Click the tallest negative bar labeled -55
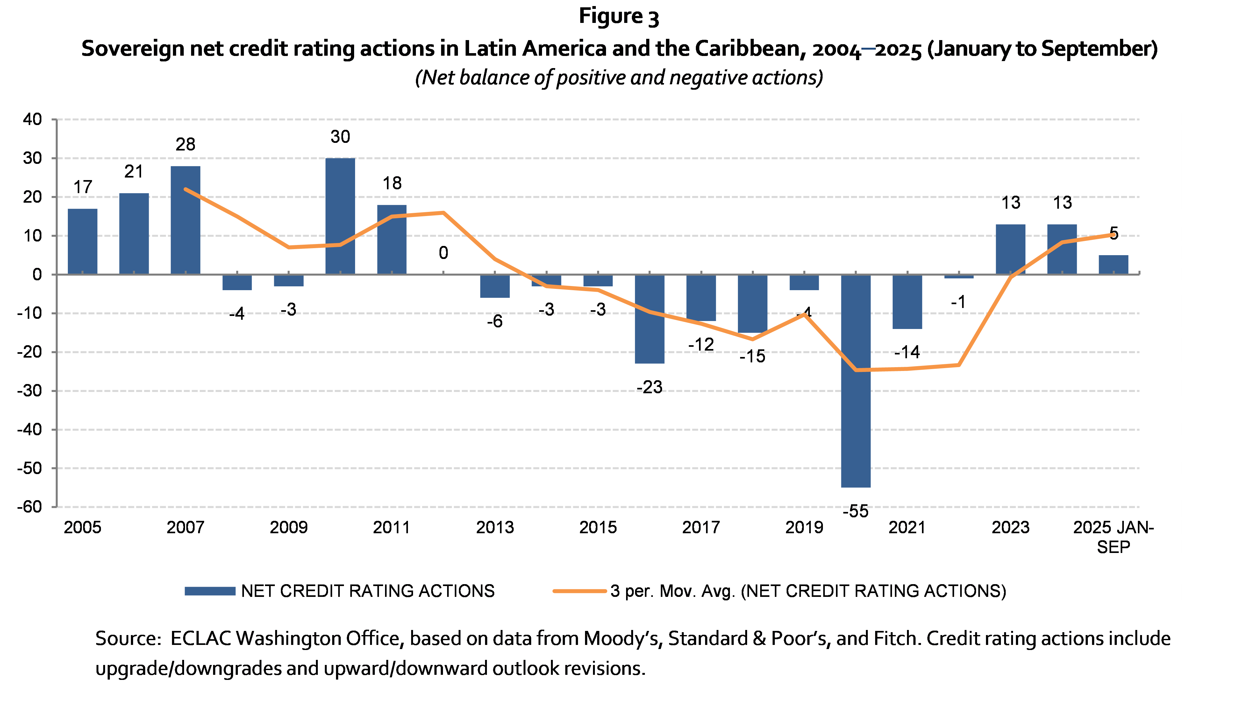(856, 381)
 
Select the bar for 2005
(82, 241)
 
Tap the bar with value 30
(340, 216)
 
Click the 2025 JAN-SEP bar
(1113, 265)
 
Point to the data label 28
(185, 144)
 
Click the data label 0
(443, 253)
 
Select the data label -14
(907, 352)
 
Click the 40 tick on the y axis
(32, 119)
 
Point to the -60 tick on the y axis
(30, 507)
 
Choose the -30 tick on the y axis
(30, 390)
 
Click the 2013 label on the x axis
(495, 528)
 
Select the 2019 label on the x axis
(804, 528)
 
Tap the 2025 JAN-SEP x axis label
(1113, 537)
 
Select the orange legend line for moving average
(580, 591)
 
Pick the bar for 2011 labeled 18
(392, 240)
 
